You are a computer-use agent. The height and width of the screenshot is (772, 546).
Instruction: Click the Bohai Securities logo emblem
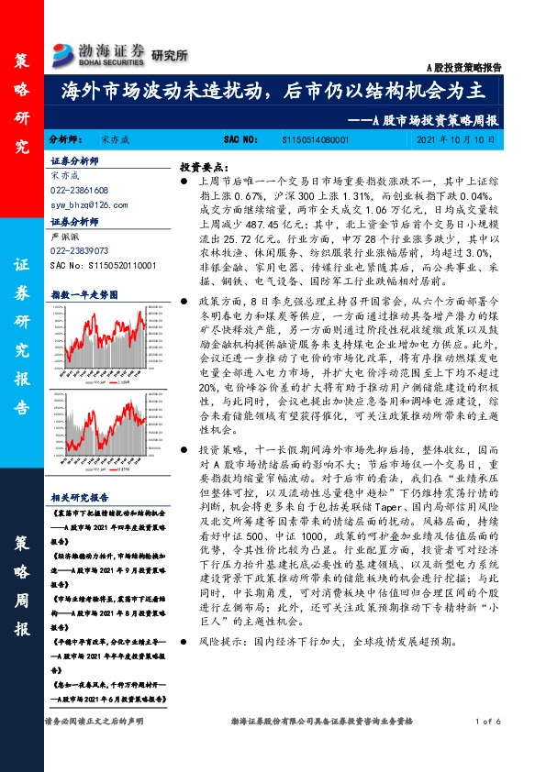tap(63, 51)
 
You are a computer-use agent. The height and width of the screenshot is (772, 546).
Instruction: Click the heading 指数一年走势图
tap(85, 295)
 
